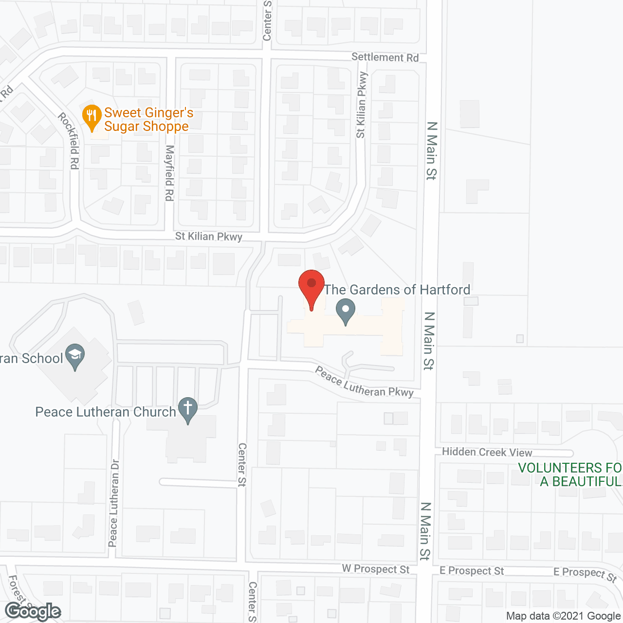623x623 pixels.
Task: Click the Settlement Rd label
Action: pyautogui.click(x=385, y=57)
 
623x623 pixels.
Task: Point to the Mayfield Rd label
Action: pyautogui.click(x=169, y=173)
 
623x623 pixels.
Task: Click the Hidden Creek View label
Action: pyautogui.click(x=487, y=452)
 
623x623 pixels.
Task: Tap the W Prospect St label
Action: pyautogui.click(x=375, y=569)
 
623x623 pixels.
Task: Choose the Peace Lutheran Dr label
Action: pyautogui.click(x=113, y=503)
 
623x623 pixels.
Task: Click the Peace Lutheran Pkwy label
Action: pyautogui.click(x=364, y=383)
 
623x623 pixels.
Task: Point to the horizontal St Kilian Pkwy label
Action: pyautogui.click(x=209, y=237)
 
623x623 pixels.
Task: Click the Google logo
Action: pyautogui.click(x=33, y=611)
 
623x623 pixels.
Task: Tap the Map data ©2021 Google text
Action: pyautogui.click(x=564, y=616)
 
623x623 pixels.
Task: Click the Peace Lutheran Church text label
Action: pyautogui.click(x=106, y=412)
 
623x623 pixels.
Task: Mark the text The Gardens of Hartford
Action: pyautogui.click(x=397, y=290)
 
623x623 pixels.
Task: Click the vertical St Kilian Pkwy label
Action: pyautogui.click(x=361, y=105)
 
